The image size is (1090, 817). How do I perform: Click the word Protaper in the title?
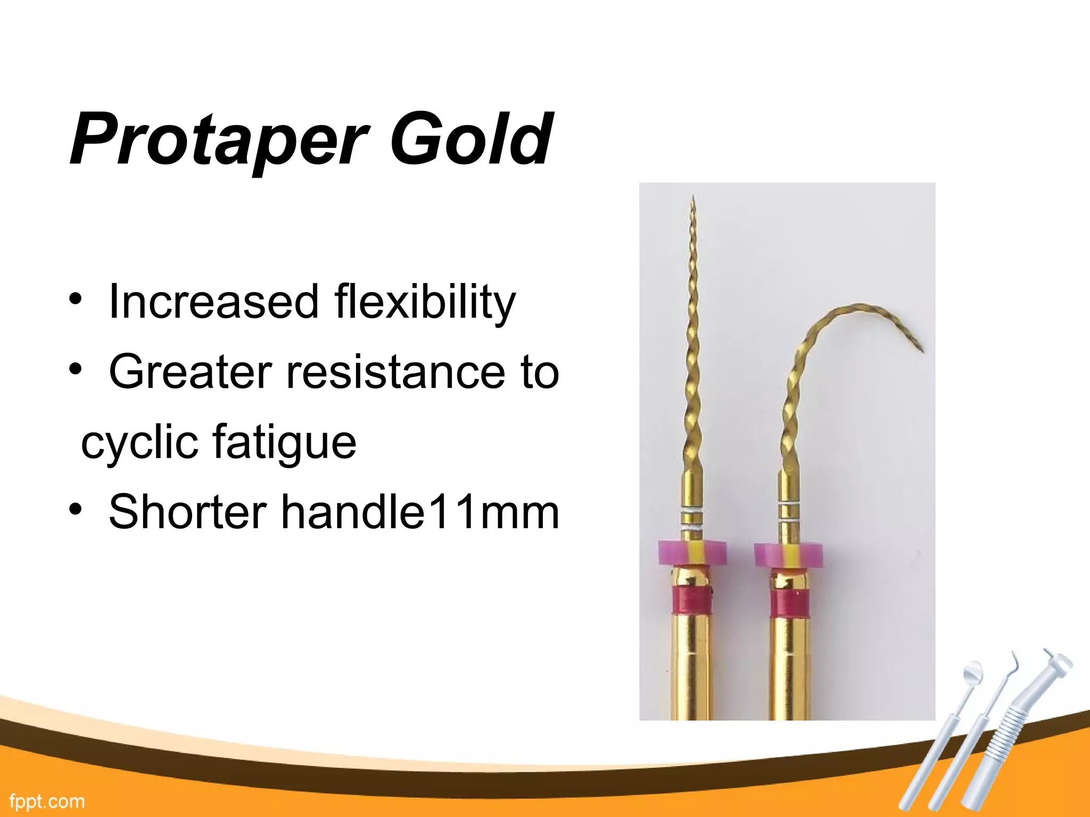click(218, 139)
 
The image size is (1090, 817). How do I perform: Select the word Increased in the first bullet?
click(213, 302)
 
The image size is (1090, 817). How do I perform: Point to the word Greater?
click(189, 372)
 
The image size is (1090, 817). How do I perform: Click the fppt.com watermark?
click(47, 801)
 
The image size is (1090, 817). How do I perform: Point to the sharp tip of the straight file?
click(693, 198)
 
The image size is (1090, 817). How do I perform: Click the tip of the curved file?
click(922, 351)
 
